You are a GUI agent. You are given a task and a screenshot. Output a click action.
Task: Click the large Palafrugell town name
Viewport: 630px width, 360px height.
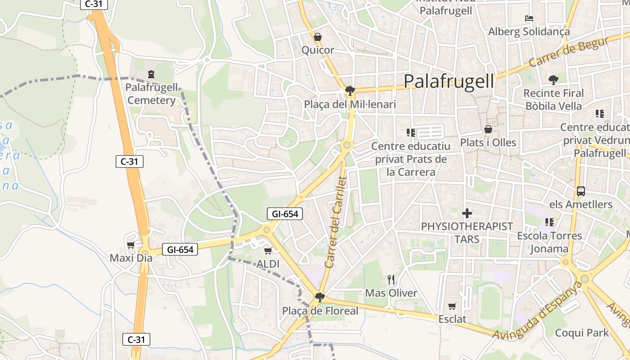tap(449, 81)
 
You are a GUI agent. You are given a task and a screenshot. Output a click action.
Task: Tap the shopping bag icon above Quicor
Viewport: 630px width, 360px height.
tap(318, 37)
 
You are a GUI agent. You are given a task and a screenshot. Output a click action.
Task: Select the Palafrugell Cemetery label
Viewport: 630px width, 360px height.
tap(152, 94)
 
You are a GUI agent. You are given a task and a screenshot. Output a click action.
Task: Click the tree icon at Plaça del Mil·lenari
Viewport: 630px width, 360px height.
tap(350, 91)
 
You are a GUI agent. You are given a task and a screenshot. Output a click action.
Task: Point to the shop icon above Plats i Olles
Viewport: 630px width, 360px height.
tap(488, 130)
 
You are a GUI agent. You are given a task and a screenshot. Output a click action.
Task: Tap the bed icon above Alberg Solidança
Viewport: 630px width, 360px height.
tap(529, 18)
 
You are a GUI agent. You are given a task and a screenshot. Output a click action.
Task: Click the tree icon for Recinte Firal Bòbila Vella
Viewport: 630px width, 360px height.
tap(553, 80)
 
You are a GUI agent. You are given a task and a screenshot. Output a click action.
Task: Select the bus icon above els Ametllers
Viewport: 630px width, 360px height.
tap(581, 191)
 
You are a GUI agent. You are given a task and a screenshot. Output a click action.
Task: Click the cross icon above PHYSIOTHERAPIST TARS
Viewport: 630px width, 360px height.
tap(467, 213)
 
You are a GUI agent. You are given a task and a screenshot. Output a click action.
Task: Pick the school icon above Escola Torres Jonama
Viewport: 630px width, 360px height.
tap(549, 222)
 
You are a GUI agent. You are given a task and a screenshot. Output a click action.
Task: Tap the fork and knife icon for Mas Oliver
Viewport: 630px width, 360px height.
tap(391, 280)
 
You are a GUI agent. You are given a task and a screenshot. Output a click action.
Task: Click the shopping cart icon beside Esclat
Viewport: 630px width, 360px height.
tap(452, 306)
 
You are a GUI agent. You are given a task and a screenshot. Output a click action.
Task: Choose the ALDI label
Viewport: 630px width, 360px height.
tap(268, 264)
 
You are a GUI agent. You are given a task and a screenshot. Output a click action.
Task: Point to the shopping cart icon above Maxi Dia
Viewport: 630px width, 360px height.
tap(130, 245)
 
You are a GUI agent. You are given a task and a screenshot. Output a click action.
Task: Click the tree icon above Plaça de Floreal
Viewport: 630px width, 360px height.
tap(320, 297)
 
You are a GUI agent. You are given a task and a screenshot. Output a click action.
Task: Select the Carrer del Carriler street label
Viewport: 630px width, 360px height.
tap(336, 222)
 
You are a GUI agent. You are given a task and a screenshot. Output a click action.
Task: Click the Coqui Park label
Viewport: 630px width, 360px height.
tap(582, 333)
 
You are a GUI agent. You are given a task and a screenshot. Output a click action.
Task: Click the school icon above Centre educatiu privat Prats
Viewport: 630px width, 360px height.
tap(410, 133)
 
